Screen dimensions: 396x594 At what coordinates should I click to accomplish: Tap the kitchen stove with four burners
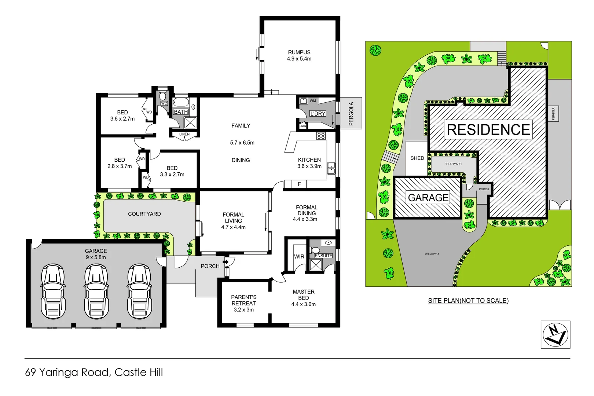[321, 136]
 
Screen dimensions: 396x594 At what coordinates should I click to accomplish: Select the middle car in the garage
[96, 292]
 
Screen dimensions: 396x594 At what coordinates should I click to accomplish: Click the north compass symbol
[555, 334]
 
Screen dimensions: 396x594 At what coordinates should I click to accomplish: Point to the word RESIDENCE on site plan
[488, 130]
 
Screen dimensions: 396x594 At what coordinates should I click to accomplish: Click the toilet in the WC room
[163, 96]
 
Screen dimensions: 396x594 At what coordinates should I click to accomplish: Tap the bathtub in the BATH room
[181, 102]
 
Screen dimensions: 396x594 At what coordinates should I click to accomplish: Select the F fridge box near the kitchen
[299, 184]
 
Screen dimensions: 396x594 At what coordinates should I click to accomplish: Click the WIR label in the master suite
[299, 257]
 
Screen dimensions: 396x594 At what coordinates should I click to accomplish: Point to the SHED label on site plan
[417, 158]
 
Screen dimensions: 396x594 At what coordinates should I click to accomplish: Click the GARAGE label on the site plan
[428, 198]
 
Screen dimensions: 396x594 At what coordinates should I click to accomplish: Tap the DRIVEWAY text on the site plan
[432, 254]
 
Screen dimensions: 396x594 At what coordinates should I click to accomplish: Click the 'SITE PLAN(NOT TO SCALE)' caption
[468, 301]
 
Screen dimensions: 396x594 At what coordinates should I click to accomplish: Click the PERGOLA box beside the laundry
[351, 113]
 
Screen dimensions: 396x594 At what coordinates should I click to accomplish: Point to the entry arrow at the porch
[227, 262]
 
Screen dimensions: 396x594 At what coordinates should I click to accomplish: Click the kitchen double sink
[331, 168]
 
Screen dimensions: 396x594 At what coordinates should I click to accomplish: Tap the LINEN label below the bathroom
[184, 134]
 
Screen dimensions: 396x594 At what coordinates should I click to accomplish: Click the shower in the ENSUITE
[316, 264]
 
